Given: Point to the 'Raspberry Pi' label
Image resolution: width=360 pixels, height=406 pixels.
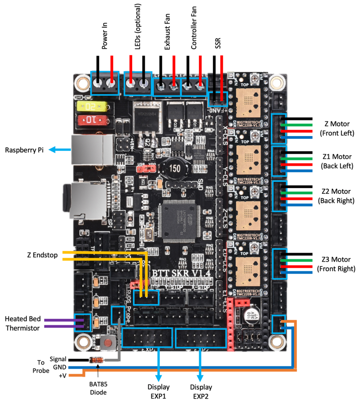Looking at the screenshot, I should coord(23,150).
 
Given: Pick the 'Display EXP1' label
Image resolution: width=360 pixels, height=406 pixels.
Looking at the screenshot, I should coord(158,391).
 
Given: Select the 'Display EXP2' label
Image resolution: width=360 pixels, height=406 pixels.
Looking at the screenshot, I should coord(201,391).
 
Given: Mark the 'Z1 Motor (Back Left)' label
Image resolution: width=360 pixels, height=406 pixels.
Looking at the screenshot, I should coord(336,161).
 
